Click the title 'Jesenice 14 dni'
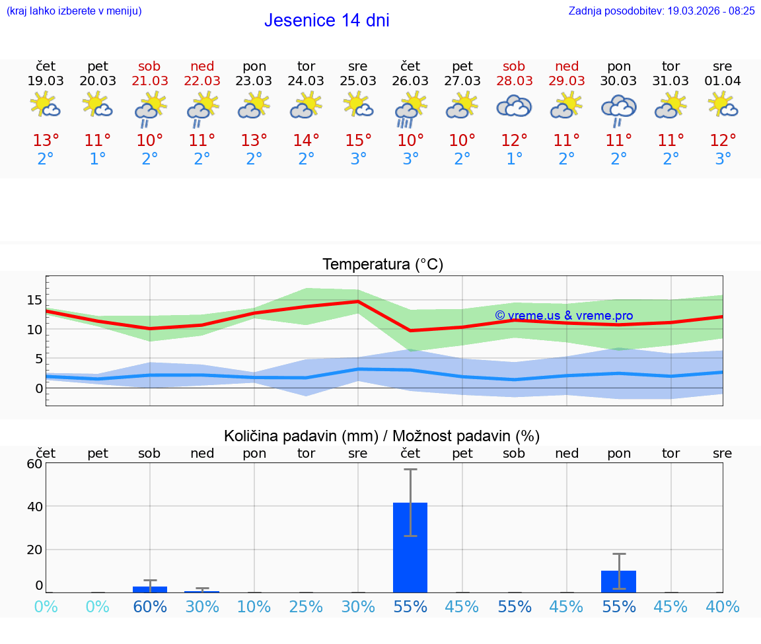(x=326, y=20)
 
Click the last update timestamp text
(x=661, y=11)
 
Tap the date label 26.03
(x=410, y=81)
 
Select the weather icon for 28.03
(x=514, y=106)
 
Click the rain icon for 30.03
(x=618, y=110)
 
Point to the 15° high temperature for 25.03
(x=358, y=141)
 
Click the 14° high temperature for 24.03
(x=306, y=141)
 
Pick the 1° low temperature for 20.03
(x=98, y=159)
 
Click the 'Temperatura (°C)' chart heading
(x=382, y=265)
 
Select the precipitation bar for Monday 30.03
(x=618, y=581)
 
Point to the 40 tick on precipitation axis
(x=34, y=507)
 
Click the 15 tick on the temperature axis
(x=34, y=301)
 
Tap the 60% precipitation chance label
(x=150, y=606)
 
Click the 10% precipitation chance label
(x=254, y=606)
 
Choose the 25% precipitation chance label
(x=306, y=606)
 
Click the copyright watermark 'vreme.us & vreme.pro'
(x=564, y=316)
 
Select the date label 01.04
(x=723, y=81)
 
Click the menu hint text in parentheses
(x=74, y=11)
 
